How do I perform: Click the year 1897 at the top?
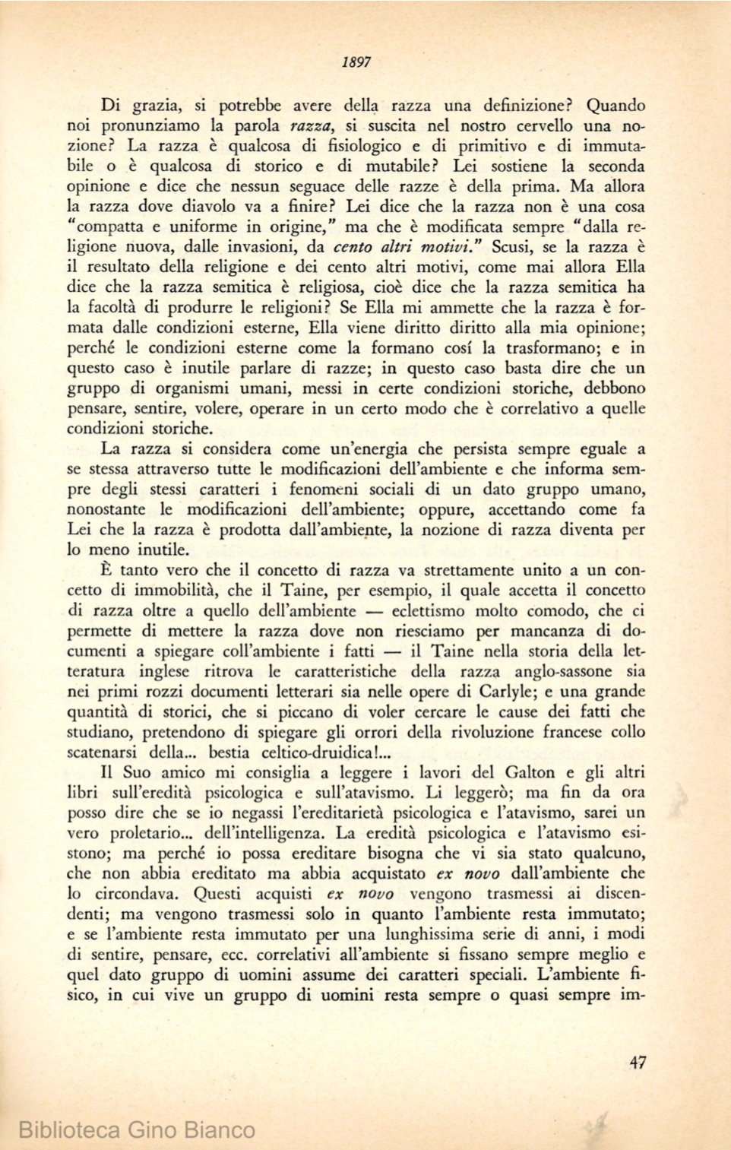(356, 62)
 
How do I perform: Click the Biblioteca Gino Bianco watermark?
(137, 1129)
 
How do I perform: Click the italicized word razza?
(314, 125)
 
